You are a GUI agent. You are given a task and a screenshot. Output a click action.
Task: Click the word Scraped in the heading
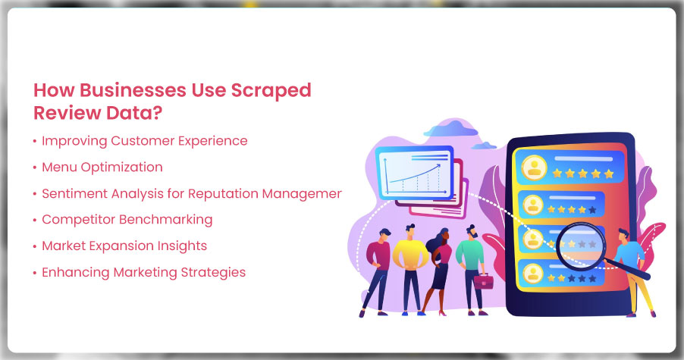[x=271, y=91]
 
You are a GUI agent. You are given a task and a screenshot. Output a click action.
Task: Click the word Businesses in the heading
[x=133, y=90]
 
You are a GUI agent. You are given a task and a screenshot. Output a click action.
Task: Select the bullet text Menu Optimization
[x=102, y=167]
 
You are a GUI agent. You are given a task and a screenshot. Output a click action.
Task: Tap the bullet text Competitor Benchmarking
[x=127, y=220]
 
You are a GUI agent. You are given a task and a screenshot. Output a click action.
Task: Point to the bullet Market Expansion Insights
[x=124, y=246]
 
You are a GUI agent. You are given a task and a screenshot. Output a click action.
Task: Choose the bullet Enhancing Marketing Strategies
[x=143, y=272]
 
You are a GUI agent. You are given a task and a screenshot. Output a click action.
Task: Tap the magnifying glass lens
[x=582, y=246]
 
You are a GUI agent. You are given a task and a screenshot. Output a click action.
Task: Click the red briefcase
[x=483, y=282]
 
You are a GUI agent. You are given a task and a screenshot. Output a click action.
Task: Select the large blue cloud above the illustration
[x=450, y=128]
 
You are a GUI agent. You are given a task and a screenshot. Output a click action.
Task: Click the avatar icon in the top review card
[x=534, y=167]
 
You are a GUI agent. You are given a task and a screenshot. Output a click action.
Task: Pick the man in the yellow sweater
[x=410, y=270]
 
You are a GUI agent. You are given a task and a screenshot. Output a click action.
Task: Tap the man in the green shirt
[x=472, y=270]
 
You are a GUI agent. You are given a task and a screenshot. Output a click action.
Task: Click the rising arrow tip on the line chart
[x=438, y=166]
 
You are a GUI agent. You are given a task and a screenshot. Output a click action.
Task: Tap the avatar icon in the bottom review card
[x=532, y=274]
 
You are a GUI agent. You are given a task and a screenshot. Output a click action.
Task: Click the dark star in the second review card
[x=592, y=210]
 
